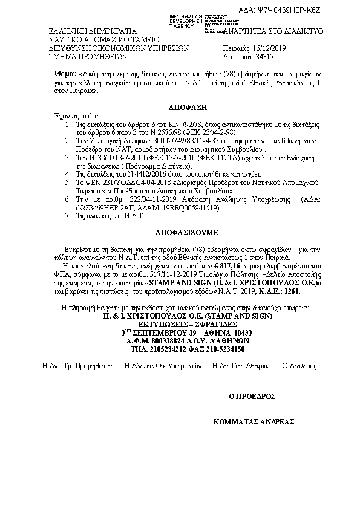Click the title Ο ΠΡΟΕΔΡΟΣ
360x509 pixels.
(252, 397)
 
